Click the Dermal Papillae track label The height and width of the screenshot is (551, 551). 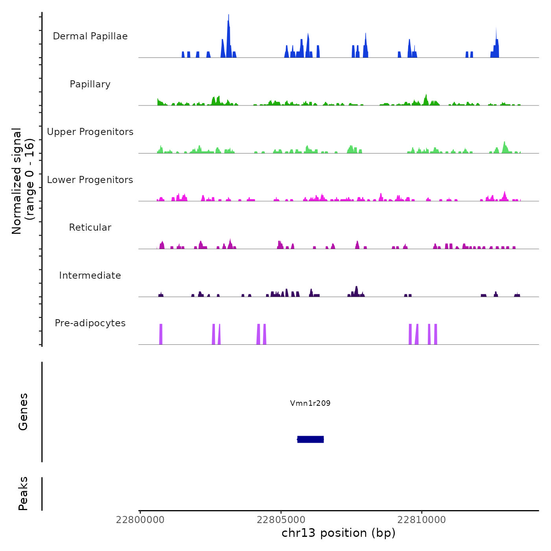(90, 36)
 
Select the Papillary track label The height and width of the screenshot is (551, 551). (90, 84)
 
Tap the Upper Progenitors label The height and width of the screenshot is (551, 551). (90, 132)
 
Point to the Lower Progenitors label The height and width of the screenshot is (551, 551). (90, 180)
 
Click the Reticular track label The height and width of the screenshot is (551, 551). (90, 227)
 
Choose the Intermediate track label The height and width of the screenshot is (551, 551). (90, 275)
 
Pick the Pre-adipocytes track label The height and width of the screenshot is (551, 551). (90, 323)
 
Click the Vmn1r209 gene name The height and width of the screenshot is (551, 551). (310, 403)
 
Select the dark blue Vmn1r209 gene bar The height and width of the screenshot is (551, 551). (311, 439)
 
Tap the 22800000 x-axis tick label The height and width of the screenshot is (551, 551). (140, 520)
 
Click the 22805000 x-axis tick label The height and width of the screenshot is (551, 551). (281, 520)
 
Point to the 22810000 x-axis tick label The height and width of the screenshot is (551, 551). (422, 520)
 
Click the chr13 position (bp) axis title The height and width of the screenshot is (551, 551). (338, 533)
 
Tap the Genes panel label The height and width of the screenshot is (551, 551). (23, 412)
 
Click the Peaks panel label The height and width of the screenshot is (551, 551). (23, 494)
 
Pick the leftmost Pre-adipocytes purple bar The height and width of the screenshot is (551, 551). (161, 334)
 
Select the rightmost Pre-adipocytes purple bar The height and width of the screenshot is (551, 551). (436, 334)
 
